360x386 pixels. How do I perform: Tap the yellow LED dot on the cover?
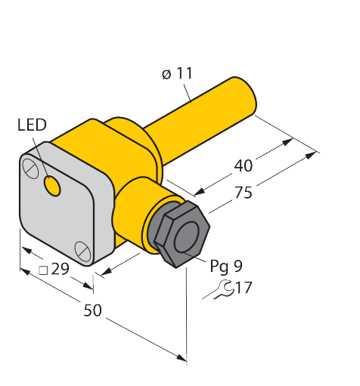tap(51, 184)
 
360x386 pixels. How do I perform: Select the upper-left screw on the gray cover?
tap(31, 167)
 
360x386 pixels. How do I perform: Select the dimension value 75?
tap(243, 193)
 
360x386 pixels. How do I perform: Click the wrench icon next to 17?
tap(219, 288)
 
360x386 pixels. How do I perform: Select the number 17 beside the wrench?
tap(243, 288)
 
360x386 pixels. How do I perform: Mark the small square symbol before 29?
tap(44, 270)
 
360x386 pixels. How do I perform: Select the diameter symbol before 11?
tap(165, 74)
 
